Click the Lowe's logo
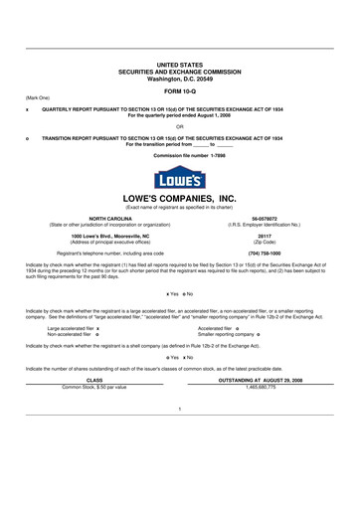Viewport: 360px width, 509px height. point(179,179)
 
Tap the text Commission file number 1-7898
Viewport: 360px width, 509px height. point(179,156)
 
